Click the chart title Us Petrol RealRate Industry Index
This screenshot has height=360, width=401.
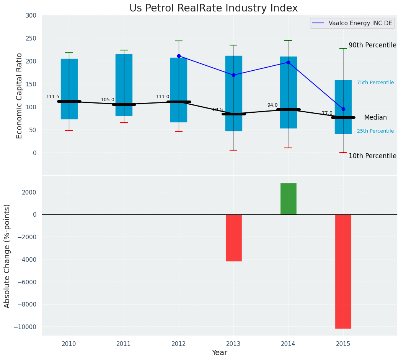point(213,8)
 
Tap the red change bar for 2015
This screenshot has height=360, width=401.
point(343,271)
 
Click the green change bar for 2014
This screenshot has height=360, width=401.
point(288,199)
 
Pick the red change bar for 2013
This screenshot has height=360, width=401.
point(233,238)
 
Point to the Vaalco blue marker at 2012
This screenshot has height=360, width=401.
point(179,56)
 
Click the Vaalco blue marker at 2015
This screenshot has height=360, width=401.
point(343,109)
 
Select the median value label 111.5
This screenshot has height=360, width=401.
point(53,97)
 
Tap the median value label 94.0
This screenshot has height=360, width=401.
point(272,105)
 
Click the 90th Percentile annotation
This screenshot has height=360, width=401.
point(372,45)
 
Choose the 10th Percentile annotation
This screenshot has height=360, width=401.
point(372,156)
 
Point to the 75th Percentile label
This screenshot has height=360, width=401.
point(375,83)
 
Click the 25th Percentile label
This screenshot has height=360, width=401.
point(375,131)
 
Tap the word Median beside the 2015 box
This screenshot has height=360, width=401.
point(375,118)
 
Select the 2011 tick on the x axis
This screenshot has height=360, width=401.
point(124,344)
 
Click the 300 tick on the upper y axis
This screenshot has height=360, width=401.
point(31,16)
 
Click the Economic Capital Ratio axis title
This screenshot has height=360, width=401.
point(20,96)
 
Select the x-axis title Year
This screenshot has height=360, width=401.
point(219,353)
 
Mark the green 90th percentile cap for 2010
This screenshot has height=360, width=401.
point(69,53)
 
